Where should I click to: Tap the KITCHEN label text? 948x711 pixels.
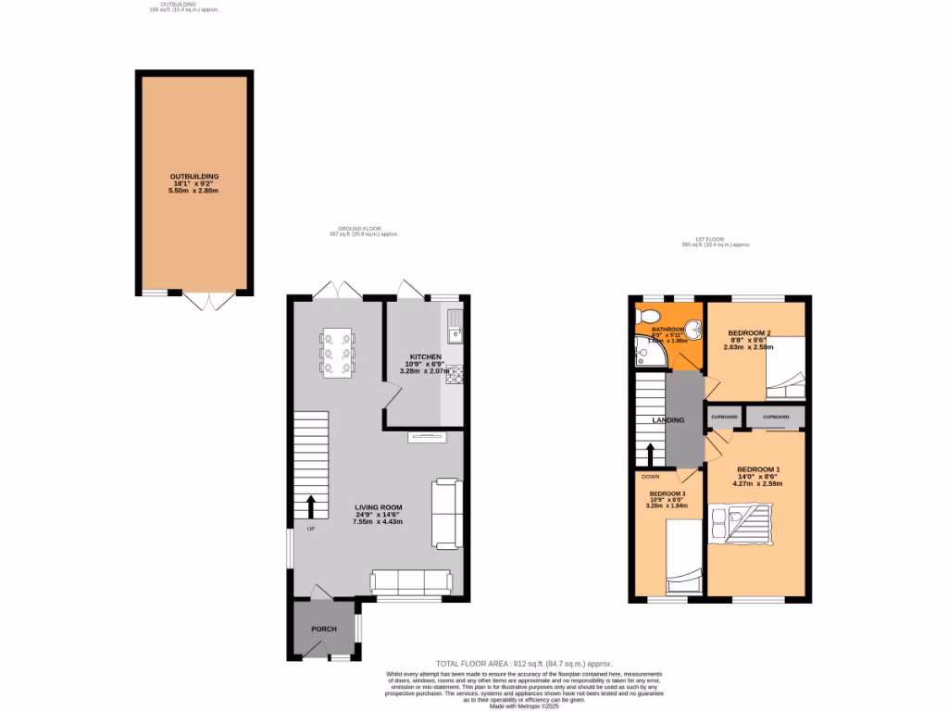[426, 356]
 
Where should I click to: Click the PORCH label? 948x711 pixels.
[323, 630]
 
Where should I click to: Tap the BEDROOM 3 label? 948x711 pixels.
[667, 494]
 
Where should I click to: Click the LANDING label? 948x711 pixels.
[668, 420]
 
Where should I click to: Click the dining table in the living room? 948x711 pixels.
[338, 353]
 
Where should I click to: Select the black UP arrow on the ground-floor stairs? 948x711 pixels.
[310, 506]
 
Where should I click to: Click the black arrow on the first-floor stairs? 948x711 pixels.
[650, 454]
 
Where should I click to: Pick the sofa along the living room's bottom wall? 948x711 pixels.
[411, 580]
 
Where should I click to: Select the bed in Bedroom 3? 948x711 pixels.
[684, 555]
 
